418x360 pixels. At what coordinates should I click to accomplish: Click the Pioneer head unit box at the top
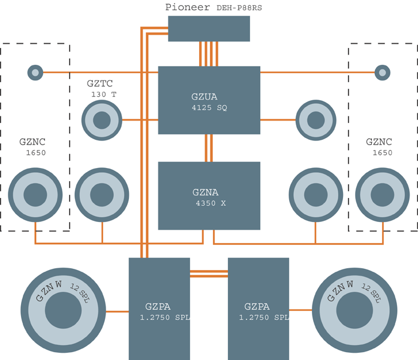(209, 28)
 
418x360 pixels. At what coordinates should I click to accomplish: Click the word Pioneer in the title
(187, 7)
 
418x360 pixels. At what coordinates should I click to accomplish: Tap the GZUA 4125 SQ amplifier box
(209, 100)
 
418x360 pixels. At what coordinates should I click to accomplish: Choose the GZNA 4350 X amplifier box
(209, 196)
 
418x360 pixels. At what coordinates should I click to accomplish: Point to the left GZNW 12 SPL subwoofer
(59, 311)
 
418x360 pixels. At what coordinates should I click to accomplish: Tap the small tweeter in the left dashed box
(35, 73)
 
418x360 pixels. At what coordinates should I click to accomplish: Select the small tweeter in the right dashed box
(382, 73)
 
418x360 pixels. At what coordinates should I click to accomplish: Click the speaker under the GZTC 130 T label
(101, 120)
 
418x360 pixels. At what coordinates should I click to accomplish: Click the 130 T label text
(104, 94)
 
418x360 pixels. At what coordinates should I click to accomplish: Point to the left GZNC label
(32, 142)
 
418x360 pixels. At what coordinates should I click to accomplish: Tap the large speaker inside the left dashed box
(35, 194)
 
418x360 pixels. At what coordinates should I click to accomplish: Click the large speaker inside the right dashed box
(382, 194)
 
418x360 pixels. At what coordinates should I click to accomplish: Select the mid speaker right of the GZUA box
(315, 120)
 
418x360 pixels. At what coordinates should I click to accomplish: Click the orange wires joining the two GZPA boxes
(209, 274)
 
